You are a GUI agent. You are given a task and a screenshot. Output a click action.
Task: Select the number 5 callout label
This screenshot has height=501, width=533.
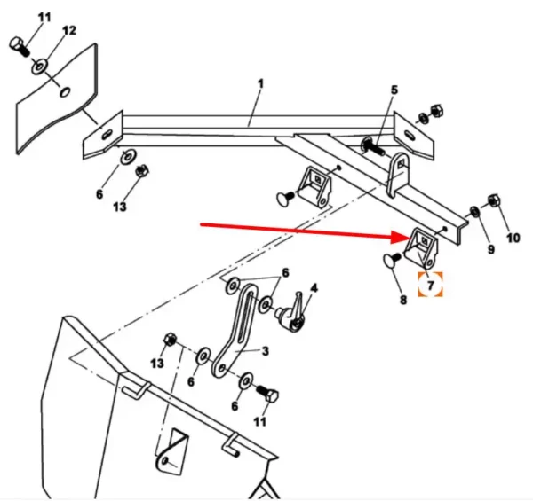[x=394, y=90]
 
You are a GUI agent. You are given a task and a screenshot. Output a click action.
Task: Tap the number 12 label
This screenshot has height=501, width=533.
[x=68, y=31]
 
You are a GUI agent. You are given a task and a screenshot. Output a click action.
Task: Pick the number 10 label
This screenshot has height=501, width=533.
[x=513, y=239]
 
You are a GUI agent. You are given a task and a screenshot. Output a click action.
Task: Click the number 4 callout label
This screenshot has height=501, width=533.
[x=313, y=288]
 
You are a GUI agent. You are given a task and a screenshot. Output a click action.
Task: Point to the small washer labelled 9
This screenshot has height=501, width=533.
[x=474, y=212]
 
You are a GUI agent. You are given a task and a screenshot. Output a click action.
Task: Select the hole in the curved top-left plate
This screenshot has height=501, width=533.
[x=65, y=91]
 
